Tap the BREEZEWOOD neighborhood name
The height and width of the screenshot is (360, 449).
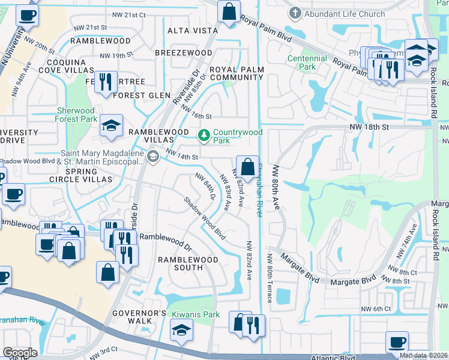point(183,53)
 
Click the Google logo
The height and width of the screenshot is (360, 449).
point(20,352)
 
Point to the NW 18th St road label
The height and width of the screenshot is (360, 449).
point(370,127)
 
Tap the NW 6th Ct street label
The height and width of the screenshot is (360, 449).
point(376,308)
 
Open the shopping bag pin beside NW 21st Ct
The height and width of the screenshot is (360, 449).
point(229,12)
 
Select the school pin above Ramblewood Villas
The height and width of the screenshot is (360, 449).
point(111,126)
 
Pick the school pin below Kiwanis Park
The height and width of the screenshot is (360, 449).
point(181,330)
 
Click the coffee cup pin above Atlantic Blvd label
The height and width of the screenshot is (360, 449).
point(397,343)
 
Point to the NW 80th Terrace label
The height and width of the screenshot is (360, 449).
point(270,278)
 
